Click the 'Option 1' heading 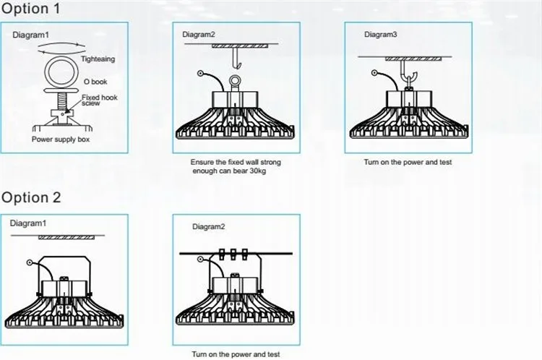[32, 10]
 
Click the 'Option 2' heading [32, 197]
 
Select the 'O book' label [94, 82]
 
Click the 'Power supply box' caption [60, 137]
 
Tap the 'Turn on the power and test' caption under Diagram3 [408, 163]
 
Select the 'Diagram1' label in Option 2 [27, 223]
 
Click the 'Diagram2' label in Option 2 [209, 226]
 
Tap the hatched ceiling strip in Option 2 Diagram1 [69, 236]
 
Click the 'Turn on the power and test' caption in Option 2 [235, 354]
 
